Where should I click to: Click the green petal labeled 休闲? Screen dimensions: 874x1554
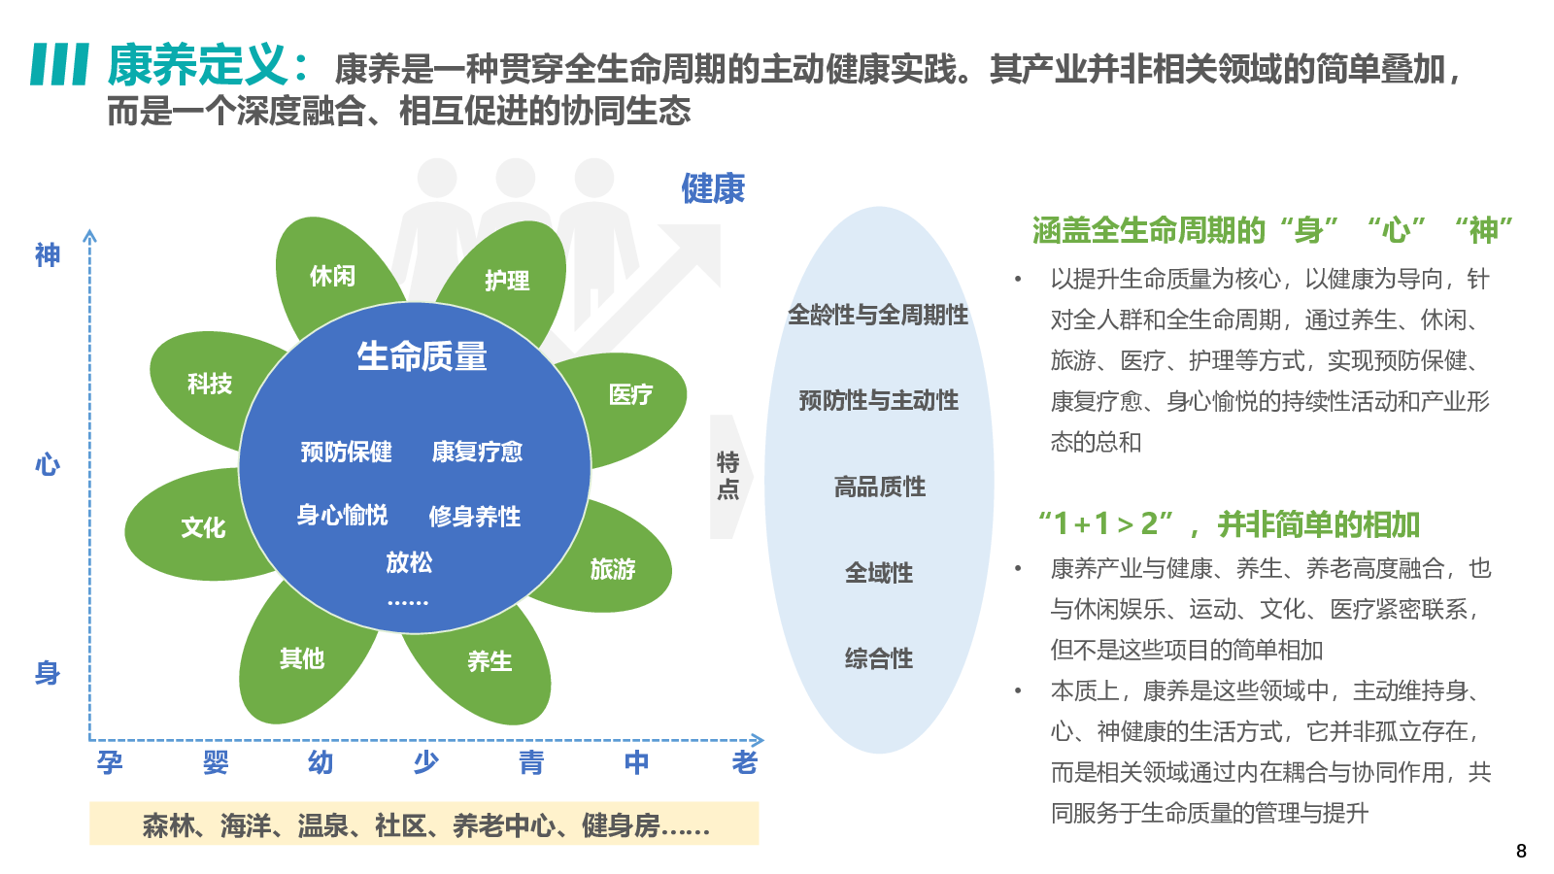[x=332, y=276]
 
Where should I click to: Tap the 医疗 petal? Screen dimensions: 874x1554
[x=631, y=394]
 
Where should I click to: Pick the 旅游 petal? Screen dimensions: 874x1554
[x=613, y=569]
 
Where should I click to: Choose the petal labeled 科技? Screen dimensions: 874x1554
[x=210, y=384]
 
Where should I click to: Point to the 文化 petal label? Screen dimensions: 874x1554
[x=203, y=527]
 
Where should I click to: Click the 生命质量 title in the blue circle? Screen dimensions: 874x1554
[x=422, y=356]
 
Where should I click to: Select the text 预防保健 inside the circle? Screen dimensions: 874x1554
[x=346, y=452]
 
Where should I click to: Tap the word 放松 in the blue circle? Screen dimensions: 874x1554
[x=409, y=562]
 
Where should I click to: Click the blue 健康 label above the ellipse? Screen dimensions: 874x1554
[x=713, y=188]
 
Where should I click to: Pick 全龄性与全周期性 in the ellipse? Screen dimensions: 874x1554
[x=878, y=315]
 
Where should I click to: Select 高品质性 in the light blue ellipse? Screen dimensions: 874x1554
[x=879, y=487]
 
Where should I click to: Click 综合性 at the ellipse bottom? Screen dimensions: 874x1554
[x=879, y=658]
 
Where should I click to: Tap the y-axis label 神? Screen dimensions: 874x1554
[x=48, y=254]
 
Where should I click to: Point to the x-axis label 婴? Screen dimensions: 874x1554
[x=216, y=762]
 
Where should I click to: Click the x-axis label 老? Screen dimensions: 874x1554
[x=744, y=762]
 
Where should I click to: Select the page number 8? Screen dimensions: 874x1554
[x=1521, y=851]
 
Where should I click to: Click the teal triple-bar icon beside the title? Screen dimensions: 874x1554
[x=60, y=64]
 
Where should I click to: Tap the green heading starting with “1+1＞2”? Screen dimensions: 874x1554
[x=1229, y=524]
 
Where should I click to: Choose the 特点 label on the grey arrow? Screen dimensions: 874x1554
[x=727, y=475]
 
